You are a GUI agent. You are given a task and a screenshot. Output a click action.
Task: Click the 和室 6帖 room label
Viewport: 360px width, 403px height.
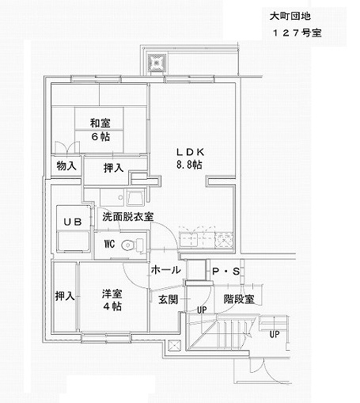pyautogui.click(x=100, y=130)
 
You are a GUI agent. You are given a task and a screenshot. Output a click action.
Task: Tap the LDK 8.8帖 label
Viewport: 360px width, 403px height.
pyautogui.click(x=190, y=158)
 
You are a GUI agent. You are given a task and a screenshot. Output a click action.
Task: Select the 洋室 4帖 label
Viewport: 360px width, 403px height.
pyautogui.click(x=112, y=300)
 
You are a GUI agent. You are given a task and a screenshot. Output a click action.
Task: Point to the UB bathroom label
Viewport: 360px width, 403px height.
pyautogui.click(x=73, y=222)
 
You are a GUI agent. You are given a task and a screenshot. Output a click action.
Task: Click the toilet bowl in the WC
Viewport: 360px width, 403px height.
pyautogui.click(x=128, y=245)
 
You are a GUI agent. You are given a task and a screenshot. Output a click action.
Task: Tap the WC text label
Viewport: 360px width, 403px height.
pyautogui.click(x=109, y=244)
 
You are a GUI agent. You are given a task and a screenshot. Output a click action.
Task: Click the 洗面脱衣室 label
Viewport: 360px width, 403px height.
pyautogui.click(x=128, y=217)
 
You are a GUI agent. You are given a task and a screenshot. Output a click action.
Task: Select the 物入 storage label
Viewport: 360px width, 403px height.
pyautogui.click(x=66, y=165)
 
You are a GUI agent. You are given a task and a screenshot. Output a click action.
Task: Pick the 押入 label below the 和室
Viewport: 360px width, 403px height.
pyautogui.click(x=114, y=168)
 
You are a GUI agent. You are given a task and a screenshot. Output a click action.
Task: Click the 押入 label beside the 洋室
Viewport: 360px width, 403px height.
pyautogui.click(x=65, y=296)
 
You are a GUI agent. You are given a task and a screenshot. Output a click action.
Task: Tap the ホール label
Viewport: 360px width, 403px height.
pyautogui.click(x=166, y=270)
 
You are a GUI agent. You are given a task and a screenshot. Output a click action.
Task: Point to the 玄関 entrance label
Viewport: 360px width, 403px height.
pyautogui.click(x=169, y=299)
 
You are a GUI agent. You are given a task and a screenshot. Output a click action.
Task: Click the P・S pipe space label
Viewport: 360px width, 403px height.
pyautogui.click(x=226, y=271)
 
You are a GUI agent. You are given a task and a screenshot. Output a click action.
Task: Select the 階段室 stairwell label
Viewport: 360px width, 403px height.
pyautogui.click(x=239, y=299)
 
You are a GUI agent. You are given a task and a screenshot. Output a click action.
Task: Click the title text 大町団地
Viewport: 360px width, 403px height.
pyautogui.click(x=290, y=17)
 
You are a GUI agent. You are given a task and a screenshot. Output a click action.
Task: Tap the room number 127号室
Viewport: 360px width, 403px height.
pyautogui.click(x=297, y=33)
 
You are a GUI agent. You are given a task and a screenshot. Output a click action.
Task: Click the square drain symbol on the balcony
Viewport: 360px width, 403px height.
pyautogui.click(x=157, y=63)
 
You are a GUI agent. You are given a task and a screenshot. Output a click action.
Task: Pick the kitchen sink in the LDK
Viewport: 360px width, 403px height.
pyautogui.click(x=188, y=240)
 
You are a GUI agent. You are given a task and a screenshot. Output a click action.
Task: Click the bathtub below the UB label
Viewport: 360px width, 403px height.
pyautogui.click(x=73, y=241)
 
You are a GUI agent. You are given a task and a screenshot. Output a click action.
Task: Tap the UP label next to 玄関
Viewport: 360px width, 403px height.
pyautogui.click(x=202, y=310)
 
